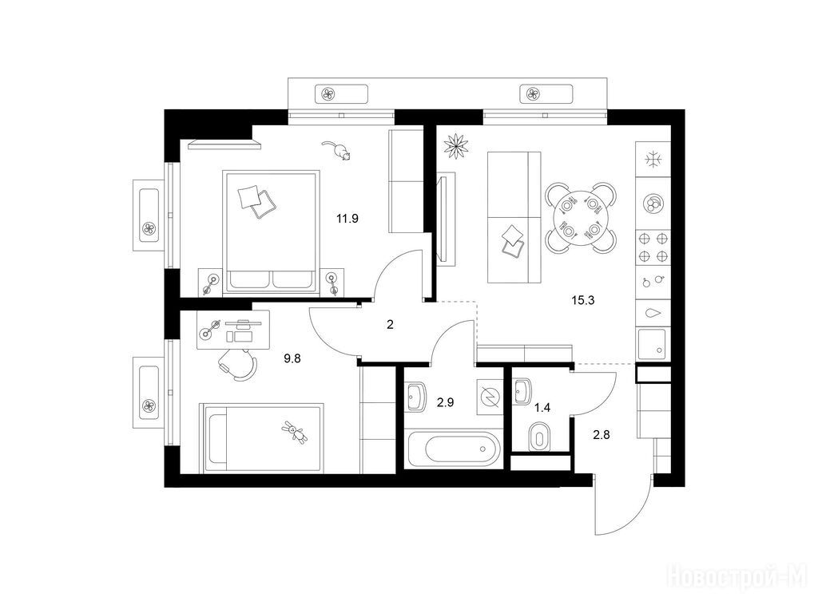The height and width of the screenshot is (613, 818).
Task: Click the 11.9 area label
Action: tap(347, 219)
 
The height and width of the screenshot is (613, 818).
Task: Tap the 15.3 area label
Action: tap(582, 300)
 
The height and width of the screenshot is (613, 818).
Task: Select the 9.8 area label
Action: tap(292, 358)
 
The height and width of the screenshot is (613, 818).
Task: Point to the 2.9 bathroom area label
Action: tap(445, 402)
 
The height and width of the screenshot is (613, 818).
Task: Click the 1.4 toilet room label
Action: tap(542, 408)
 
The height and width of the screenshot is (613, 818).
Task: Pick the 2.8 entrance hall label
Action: tap(602, 434)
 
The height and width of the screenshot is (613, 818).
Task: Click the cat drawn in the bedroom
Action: tap(336, 150)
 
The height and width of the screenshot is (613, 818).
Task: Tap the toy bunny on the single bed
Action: tap(294, 432)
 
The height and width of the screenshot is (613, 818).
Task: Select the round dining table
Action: tap(581, 218)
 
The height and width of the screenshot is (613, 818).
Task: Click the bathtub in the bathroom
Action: tap(454, 449)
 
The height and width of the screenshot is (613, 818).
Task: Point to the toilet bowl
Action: tap(539, 437)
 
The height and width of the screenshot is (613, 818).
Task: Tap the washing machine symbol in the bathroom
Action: tap(490, 397)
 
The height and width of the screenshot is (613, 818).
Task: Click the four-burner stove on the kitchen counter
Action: tap(653, 247)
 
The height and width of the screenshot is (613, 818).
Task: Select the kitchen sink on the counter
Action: tap(652, 344)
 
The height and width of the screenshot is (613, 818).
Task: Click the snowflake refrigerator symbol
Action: tap(653, 159)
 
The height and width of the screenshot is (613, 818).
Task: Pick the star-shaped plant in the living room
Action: tap(456, 145)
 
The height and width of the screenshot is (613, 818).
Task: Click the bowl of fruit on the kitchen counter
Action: tap(653, 203)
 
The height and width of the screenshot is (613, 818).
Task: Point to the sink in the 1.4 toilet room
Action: tap(522, 391)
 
